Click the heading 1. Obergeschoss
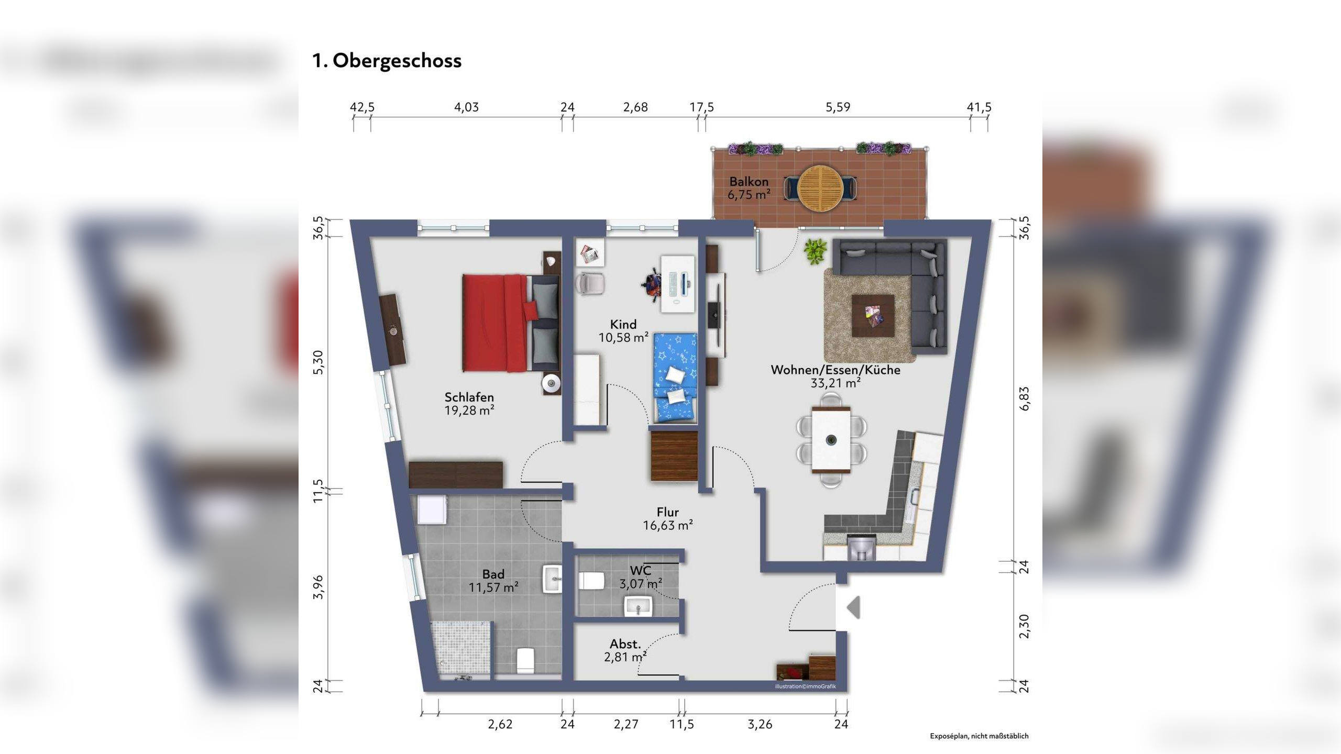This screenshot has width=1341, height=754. (387, 61)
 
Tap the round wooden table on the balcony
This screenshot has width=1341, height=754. (820, 188)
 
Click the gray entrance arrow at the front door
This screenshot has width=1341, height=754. (853, 608)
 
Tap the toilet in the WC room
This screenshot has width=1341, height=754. (591, 580)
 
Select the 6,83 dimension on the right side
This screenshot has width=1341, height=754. (1024, 398)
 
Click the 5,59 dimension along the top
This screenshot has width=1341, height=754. (838, 107)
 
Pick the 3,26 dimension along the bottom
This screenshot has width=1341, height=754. (760, 724)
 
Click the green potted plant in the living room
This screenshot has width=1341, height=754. (816, 251)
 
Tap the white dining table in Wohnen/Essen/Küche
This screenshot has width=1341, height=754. (831, 439)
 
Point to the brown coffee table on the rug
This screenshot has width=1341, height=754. (873, 315)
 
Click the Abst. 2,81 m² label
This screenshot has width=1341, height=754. (625, 650)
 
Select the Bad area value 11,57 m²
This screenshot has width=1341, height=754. (493, 587)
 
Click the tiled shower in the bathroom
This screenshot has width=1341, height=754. (461, 650)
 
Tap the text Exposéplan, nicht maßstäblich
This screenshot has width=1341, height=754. (979, 736)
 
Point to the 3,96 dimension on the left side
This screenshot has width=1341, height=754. (318, 586)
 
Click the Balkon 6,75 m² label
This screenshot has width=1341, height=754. (749, 188)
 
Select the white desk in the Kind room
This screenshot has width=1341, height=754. (678, 284)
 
